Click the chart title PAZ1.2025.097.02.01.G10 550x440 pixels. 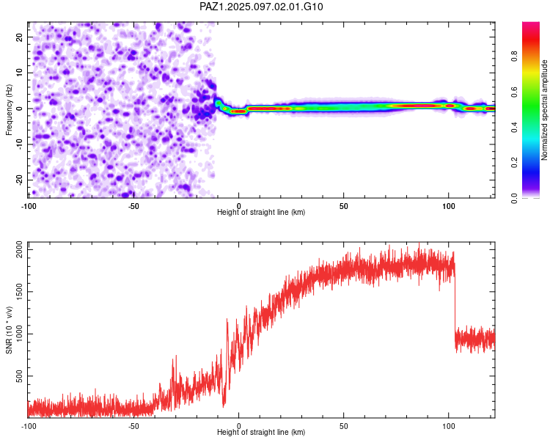261,7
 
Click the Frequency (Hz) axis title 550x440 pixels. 9,109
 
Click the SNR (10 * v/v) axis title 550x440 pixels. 9,330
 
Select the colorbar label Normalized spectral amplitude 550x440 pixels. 544,110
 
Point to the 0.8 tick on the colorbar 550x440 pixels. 514,56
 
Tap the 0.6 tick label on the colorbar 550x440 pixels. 514,92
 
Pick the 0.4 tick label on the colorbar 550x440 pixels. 514,128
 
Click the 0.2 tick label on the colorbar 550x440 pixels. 514,163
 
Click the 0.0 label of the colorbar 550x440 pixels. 514,198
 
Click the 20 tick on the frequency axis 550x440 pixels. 19,37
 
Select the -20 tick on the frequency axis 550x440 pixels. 19,180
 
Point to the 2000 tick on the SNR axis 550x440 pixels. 19,249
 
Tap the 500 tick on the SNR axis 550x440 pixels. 19,376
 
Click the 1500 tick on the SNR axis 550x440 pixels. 19,292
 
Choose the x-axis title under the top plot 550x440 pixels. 261,212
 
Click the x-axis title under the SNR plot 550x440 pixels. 261,432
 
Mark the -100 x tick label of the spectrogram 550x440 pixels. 29,206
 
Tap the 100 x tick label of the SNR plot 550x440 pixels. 448,426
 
